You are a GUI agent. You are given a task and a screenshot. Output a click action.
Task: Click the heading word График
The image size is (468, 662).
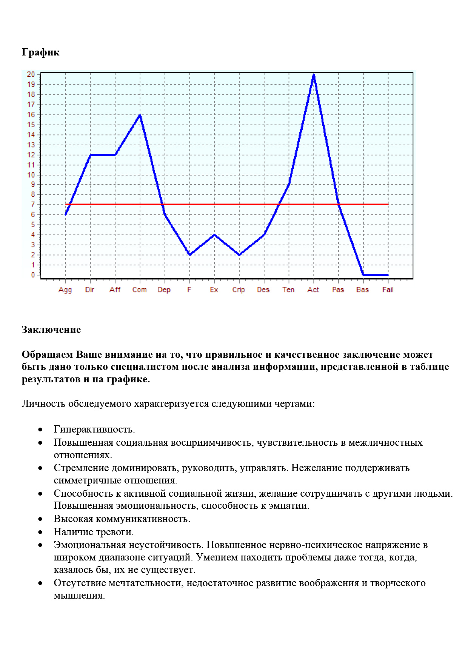click(40, 52)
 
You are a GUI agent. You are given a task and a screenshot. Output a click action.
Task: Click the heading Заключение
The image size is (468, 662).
click(51, 329)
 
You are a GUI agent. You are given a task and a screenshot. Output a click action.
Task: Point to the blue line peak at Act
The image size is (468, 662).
click(314, 75)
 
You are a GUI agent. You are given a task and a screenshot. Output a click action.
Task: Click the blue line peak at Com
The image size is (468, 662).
click(140, 115)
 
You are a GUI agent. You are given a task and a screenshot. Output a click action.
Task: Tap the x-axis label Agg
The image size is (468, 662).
click(65, 290)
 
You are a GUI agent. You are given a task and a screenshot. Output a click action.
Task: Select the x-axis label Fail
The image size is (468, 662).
click(388, 289)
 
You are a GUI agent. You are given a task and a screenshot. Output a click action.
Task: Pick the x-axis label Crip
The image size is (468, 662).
click(239, 289)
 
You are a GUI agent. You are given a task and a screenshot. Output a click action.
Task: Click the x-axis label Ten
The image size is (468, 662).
click(288, 289)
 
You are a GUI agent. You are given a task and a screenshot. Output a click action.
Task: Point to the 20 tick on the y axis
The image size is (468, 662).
click(31, 74)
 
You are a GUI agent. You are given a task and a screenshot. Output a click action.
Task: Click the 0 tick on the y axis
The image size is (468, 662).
click(33, 275)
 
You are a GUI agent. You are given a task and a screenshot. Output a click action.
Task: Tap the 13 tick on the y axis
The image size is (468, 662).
click(31, 145)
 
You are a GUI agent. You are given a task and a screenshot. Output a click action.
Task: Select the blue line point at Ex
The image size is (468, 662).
click(214, 235)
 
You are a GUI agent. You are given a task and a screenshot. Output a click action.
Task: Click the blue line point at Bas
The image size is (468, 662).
click(363, 275)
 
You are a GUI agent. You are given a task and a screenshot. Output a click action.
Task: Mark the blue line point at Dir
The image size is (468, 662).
click(90, 155)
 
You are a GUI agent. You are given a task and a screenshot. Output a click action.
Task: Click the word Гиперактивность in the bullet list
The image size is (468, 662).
click(94, 429)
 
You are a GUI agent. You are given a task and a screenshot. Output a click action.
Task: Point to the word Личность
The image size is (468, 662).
click(43, 403)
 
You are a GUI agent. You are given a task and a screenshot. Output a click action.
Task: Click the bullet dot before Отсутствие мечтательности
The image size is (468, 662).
click(40, 583)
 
